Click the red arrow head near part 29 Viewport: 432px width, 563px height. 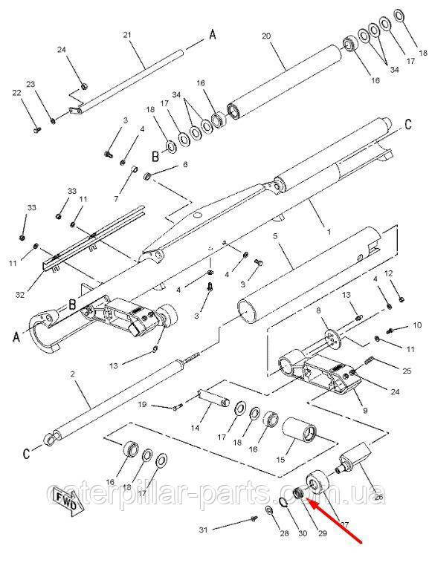(x=315, y=505)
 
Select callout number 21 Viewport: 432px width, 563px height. (x=127, y=35)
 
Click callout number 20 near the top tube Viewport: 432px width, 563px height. (x=266, y=36)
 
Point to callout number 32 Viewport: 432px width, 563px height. (x=20, y=295)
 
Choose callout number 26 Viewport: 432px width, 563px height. (x=379, y=498)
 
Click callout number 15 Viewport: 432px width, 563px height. (x=280, y=459)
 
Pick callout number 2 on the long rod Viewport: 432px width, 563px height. (x=73, y=374)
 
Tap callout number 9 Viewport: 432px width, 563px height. (x=365, y=411)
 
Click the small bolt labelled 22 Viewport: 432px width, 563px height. (x=37, y=129)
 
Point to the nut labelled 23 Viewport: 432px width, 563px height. (x=53, y=120)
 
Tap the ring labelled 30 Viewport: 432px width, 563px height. (x=284, y=502)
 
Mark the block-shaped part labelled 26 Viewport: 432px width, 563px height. (x=357, y=456)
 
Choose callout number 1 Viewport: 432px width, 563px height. (x=329, y=232)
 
